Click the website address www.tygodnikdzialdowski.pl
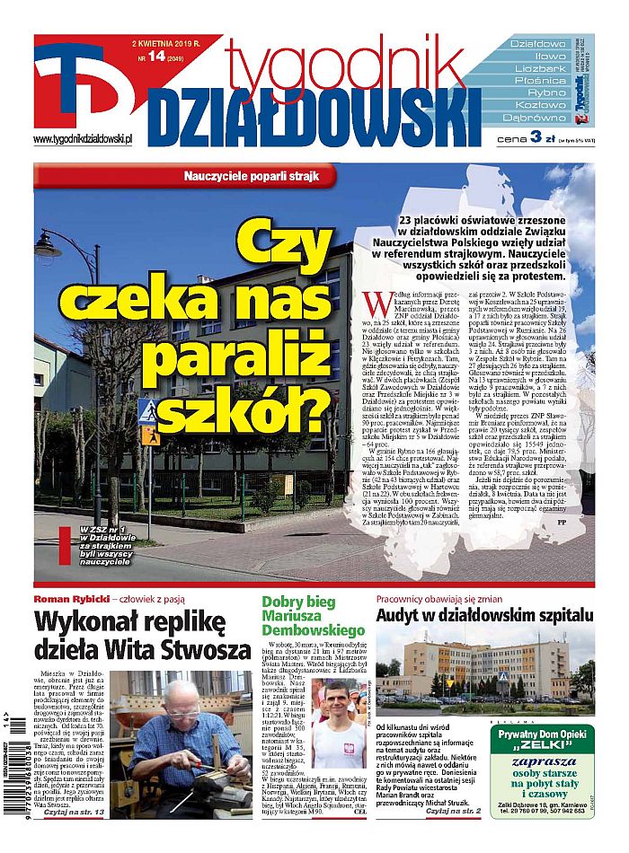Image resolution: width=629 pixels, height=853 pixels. coord(83,139)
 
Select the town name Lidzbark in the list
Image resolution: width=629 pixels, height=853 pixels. coord(538,68)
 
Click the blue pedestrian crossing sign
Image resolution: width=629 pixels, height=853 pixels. coord(146,411)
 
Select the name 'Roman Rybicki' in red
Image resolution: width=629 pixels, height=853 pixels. coord(68,600)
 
